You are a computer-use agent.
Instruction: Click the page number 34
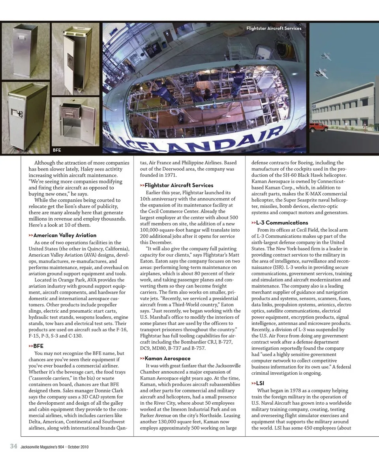click(13, 447)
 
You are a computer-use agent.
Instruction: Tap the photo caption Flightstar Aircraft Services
click(274, 28)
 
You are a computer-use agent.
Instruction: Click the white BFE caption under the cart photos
click(57, 150)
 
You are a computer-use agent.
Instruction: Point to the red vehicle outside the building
click(318, 127)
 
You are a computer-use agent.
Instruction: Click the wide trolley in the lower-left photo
click(25, 116)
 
